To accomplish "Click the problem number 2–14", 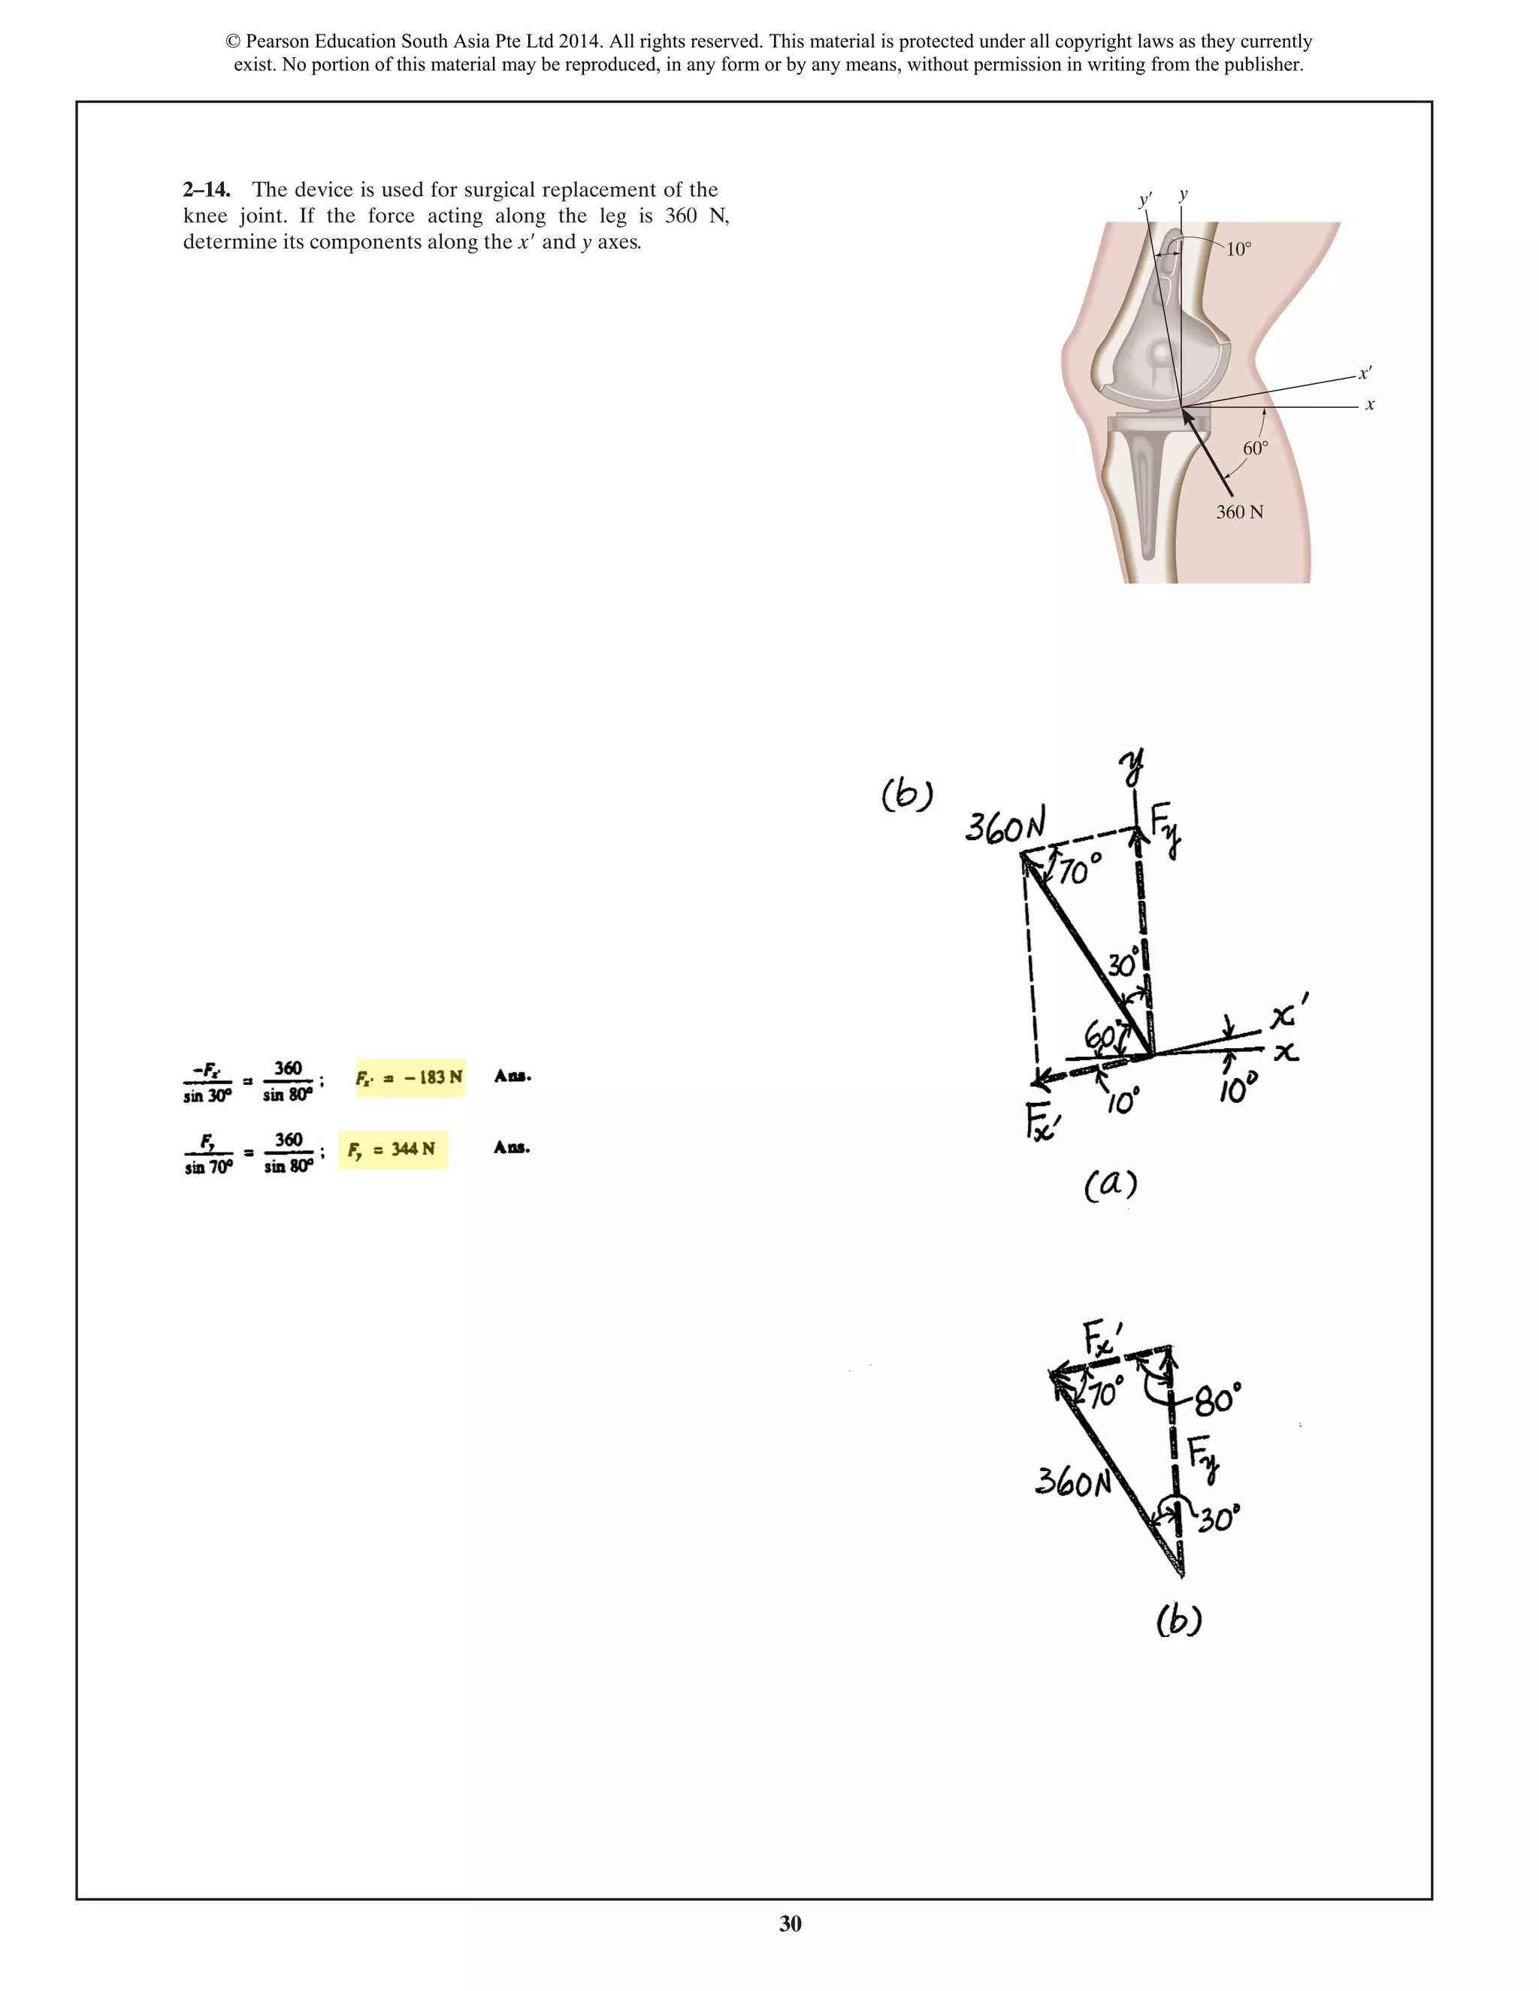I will pos(206,189).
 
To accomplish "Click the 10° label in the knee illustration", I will pos(1238,249).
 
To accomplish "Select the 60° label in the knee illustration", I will pos(1256,449).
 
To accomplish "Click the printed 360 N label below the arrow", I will pos(1239,512).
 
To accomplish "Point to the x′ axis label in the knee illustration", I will pos(1365,373).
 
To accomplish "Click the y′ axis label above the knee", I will pos(1145,200).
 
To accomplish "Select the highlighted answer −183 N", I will pos(410,1077).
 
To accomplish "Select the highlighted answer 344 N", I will pos(393,1150).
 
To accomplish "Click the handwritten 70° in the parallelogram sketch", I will pos(1081,872).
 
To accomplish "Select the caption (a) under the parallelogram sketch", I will pos(1111,1185).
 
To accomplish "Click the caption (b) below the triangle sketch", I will pos(1178,1620).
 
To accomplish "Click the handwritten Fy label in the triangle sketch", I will pos(1205,1456).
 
